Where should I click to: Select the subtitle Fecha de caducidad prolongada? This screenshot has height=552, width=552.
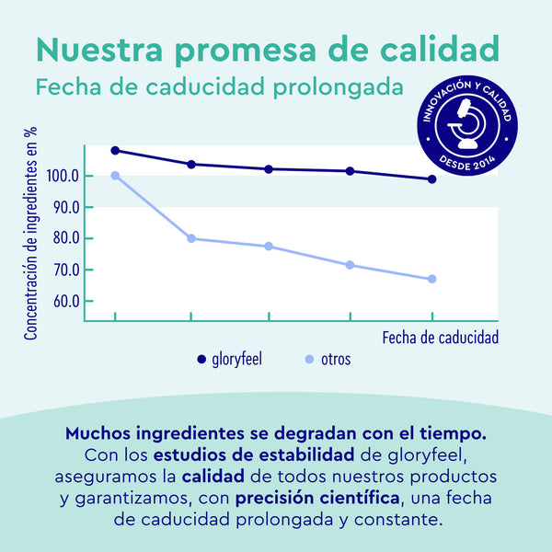219,88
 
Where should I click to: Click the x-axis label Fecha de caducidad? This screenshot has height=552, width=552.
441,338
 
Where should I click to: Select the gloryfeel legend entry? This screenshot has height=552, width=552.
229,359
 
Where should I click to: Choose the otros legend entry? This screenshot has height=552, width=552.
326,359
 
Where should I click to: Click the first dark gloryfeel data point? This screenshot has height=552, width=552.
115,150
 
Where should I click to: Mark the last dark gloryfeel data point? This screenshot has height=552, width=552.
431,179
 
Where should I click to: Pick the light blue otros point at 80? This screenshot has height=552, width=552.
191,238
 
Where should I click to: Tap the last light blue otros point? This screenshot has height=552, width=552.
431,279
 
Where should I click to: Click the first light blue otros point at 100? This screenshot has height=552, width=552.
115,176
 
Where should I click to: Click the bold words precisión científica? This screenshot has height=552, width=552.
317,499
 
